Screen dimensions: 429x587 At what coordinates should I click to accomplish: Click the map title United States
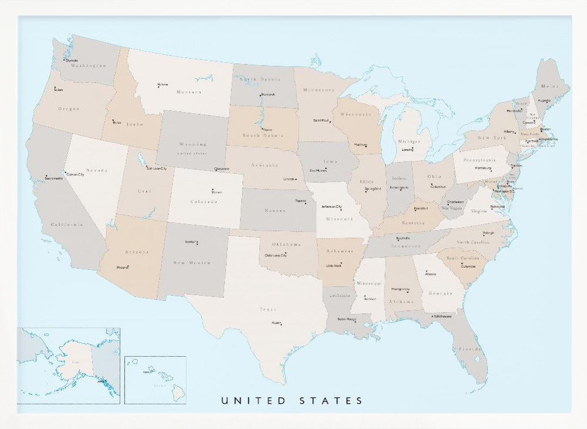coord(292,401)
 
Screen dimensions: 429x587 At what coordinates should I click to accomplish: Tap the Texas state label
coord(267,309)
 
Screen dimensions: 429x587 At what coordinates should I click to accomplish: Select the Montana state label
coord(189,92)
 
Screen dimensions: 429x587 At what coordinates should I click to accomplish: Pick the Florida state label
coord(470,349)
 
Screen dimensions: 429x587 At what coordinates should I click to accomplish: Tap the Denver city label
coord(217,192)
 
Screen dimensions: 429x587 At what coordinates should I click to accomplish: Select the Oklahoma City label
coord(276,255)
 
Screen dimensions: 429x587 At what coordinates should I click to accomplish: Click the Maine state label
coord(553,86)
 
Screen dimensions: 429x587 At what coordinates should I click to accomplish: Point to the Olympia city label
coord(71,60)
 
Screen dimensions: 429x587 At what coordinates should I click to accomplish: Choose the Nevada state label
coord(97,170)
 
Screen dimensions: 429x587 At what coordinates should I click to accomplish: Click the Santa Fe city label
coord(191,242)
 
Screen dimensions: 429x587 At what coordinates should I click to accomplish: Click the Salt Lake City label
coord(156,168)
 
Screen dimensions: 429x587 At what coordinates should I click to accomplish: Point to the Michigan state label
coord(409,141)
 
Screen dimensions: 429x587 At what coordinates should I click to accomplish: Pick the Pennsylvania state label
coord(480,160)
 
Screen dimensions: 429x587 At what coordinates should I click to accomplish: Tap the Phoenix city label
coord(122,267)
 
